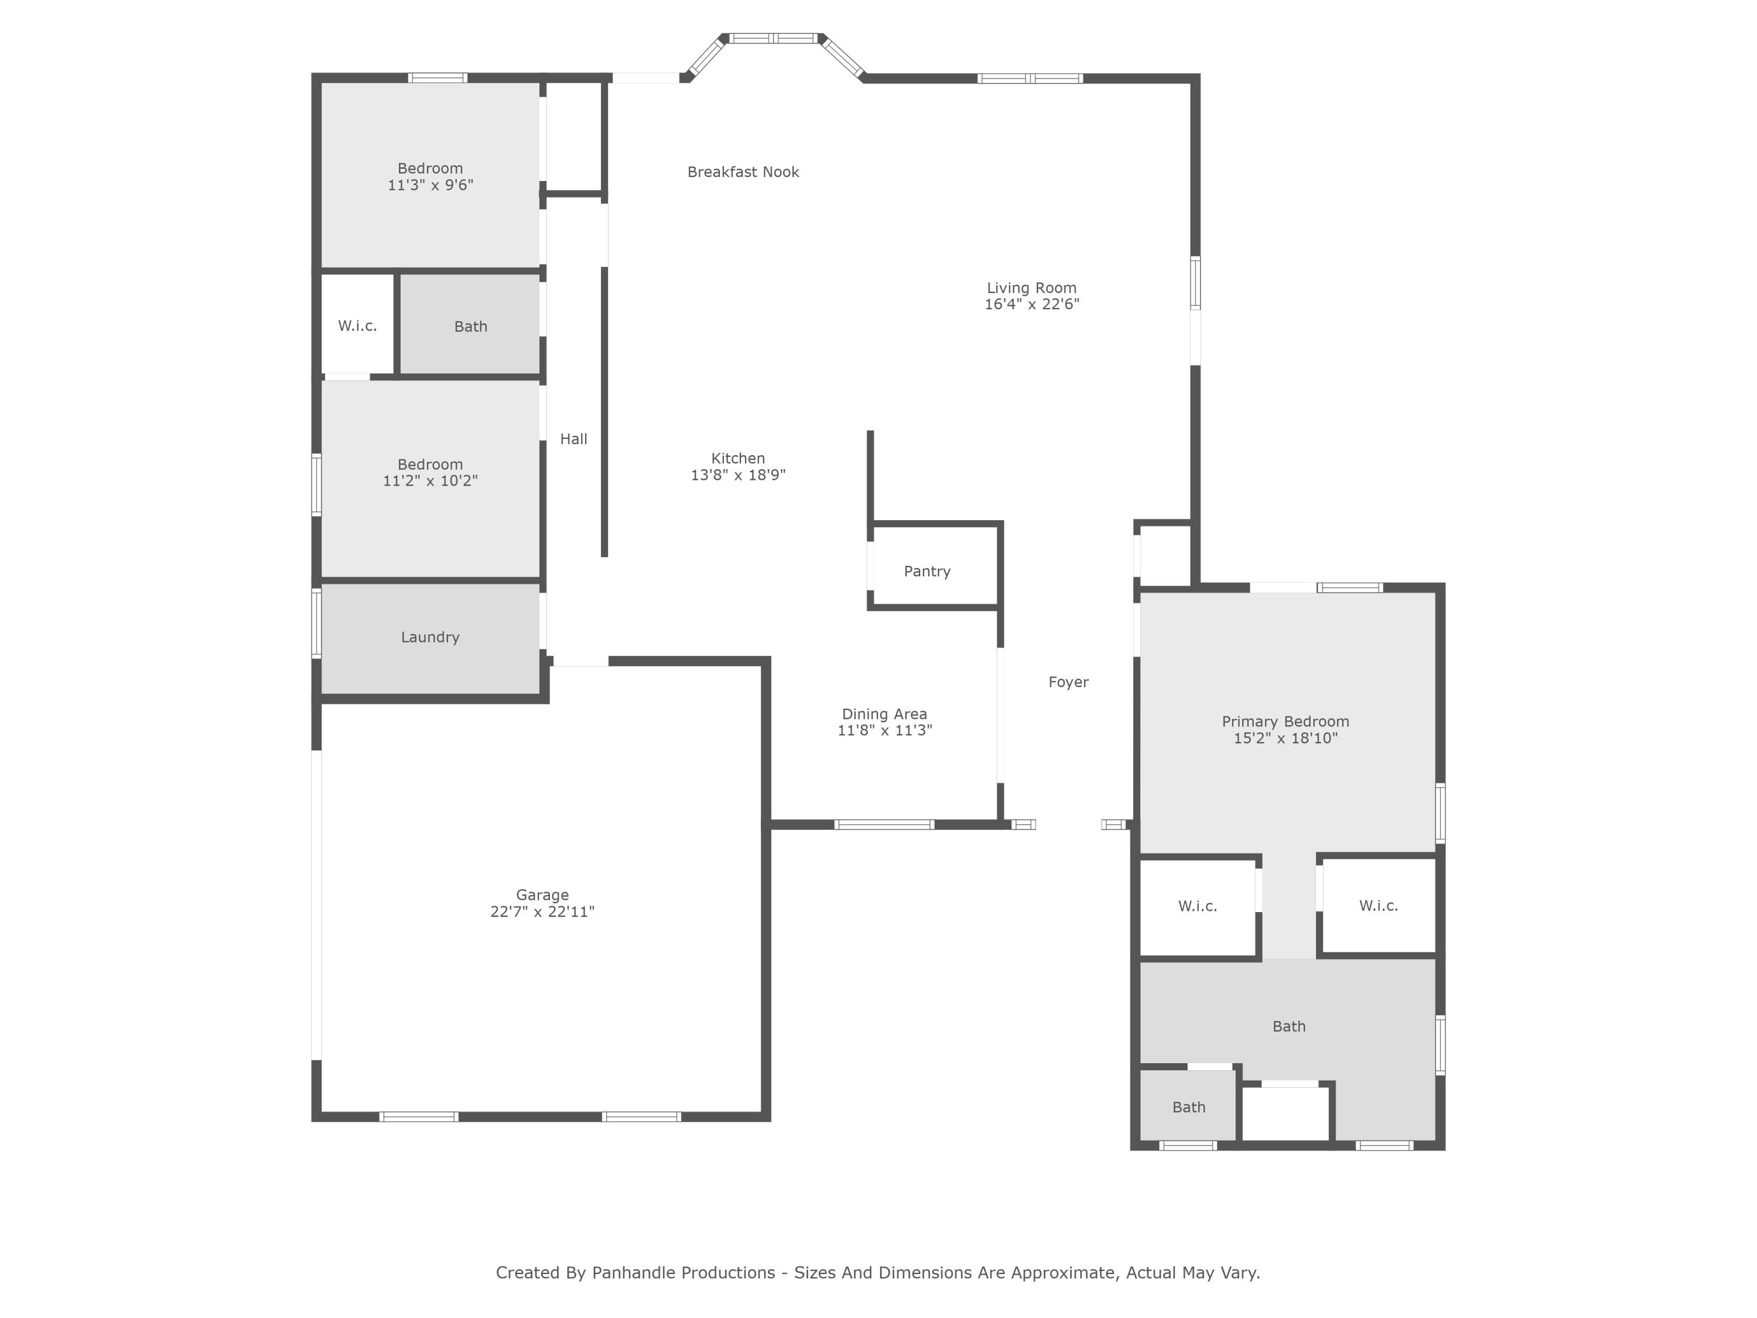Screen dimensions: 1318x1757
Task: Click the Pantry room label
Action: pos(927,571)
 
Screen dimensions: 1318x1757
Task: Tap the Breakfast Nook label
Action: pos(743,172)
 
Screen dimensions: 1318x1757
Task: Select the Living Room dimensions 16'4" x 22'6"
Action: pos(1032,304)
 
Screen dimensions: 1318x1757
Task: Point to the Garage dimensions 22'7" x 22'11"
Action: pos(542,911)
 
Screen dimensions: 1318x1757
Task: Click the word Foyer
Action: pos(1068,682)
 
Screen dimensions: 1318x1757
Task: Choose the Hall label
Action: pos(573,439)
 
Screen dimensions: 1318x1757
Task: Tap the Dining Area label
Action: pos(884,713)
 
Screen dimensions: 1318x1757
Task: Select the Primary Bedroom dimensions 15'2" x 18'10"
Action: pos(1285,738)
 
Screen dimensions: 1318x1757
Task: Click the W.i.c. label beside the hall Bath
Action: pos(357,326)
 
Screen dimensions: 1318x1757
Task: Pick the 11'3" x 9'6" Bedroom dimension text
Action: pos(430,185)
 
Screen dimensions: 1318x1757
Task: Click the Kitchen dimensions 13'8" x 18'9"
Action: pos(738,475)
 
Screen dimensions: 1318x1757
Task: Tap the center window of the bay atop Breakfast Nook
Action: pos(773,38)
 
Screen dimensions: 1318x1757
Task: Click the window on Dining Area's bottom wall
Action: pos(884,825)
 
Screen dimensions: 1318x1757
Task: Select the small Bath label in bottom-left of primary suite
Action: pos(1188,1107)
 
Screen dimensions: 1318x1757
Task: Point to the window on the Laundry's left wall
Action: pos(316,623)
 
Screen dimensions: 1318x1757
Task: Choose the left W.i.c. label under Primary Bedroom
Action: pos(1197,906)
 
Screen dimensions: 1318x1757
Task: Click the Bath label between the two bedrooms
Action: pos(470,326)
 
